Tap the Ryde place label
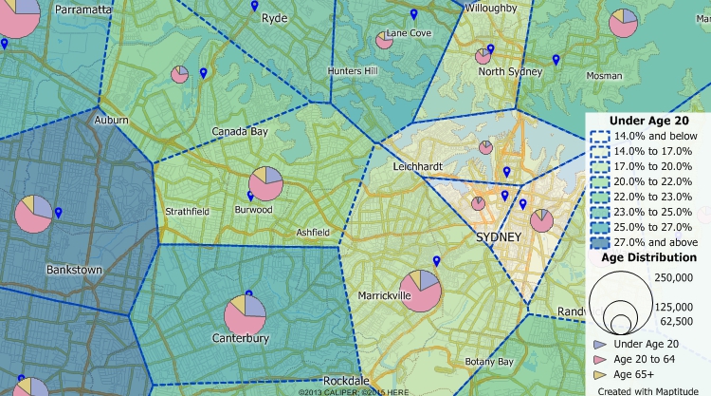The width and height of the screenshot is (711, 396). click(x=274, y=18)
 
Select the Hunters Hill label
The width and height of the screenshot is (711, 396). click(x=352, y=71)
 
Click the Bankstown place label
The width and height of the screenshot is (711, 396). click(x=74, y=270)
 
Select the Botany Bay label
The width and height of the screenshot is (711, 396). click(x=489, y=362)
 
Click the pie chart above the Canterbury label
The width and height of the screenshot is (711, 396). click(x=245, y=314)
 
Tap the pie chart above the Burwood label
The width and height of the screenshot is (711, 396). click(x=265, y=184)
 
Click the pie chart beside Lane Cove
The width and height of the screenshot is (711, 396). click(x=384, y=40)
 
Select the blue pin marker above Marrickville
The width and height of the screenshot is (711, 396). click(x=436, y=261)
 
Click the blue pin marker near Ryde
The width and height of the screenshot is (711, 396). click(x=254, y=6)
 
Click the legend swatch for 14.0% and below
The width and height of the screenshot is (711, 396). click(x=599, y=137)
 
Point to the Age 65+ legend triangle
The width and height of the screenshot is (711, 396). click(x=599, y=374)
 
